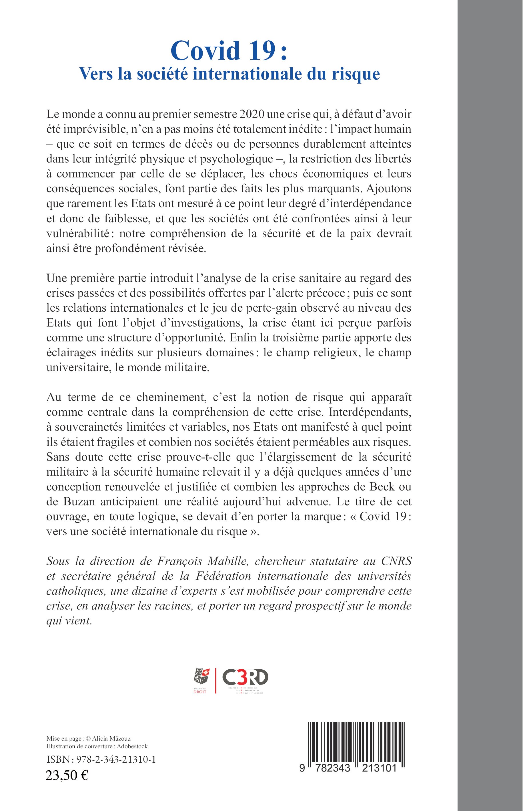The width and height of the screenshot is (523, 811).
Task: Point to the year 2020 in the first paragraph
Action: coord(252,114)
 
